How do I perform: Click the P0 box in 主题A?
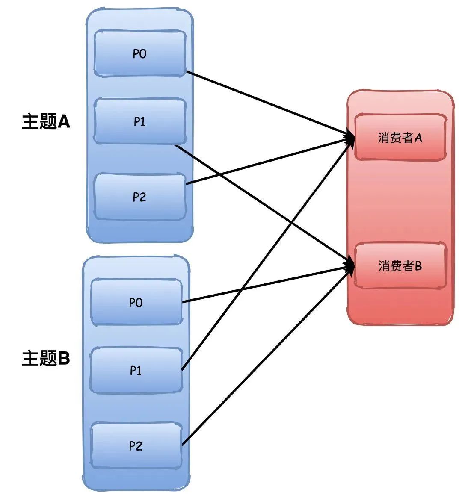pos(140,53)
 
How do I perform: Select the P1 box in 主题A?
pos(140,121)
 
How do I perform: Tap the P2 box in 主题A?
pos(140,197)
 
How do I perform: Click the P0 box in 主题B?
pos(136,302)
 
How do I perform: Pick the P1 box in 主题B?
pos(136,370)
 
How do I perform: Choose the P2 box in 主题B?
pos(136,446)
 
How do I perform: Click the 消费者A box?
pos(400,138)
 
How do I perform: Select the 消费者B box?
pos(400,265)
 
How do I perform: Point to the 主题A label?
pos(46,122)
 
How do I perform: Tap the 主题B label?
pos(46,358)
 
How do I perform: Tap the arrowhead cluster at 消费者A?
pos(349,138)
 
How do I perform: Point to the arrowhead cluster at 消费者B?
pos(349,265)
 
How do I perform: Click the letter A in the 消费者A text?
pos(418,138)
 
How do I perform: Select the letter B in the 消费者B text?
pos(418,265)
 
